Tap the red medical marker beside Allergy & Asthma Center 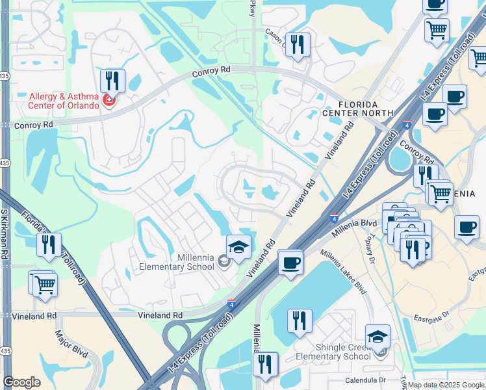pyautogui.click(x=109, y=101)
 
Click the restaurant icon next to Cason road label pyautogui.click(x=298, y=45)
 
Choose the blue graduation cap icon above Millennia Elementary pyautogui.click(x=238, y=246)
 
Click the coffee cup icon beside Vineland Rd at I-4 pyautogui.click(x=290, y=263)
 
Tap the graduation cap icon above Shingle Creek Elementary pyautogui.click(x=377, y=337)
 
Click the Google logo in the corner pyautogui.click(x=21, y=382)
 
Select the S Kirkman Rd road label pyautogui.click(x=6, y=233)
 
